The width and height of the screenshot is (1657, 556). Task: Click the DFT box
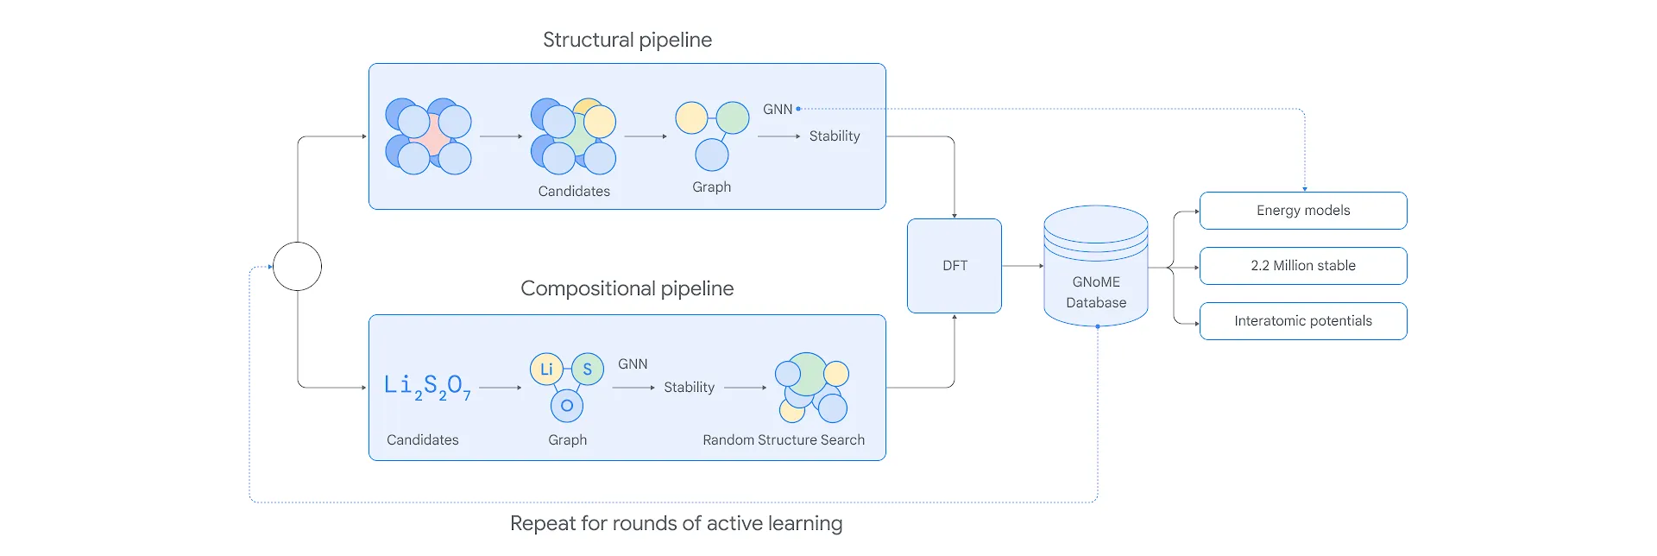pyautogui.click(x=955, y=266)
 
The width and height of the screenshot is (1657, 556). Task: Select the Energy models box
pyautogui.click(x=1303, y=211)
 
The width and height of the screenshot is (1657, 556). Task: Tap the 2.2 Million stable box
pyautogui.click(x=1303, y=266)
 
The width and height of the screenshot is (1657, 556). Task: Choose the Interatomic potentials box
pyautogui.click(x=1303, y=321)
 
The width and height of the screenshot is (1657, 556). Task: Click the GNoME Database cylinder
pyautogui.click(x=1096, y=266)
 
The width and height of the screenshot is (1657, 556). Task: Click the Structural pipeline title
pyautogui.click(x=627, y=40)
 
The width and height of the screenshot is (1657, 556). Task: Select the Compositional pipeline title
pyautogui.click(x=627, y=288)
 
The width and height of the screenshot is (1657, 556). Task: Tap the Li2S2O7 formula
pyautogui.click(x=428, y=386)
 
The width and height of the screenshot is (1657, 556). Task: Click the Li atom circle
pyautogui.click(x=546, y=370)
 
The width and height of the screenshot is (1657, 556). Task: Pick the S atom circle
pyautogui.click(x=588, y=370)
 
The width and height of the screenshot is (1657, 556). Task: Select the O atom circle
pyautogui.click(x=567, y=406)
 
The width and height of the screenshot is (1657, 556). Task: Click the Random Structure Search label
pyautogui.click(x=784, y=440)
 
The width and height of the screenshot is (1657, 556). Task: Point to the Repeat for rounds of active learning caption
pyautogui.click(x=677, y=523)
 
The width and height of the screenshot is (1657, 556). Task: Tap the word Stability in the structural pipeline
pyautogui.click(x=835, y=136)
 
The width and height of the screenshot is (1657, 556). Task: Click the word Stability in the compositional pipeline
pyautogui.click(x=690, y=388)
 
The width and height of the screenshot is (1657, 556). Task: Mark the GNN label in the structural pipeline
pyautogui.click(x=778, y=110)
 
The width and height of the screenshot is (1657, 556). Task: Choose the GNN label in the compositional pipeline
pyautogui.click(x=633, y=364)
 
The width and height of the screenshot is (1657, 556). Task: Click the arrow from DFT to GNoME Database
pyautogui.click(x=1023, y=266)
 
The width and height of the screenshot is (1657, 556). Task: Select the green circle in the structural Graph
pyautogui.click(x=733, y=117)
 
